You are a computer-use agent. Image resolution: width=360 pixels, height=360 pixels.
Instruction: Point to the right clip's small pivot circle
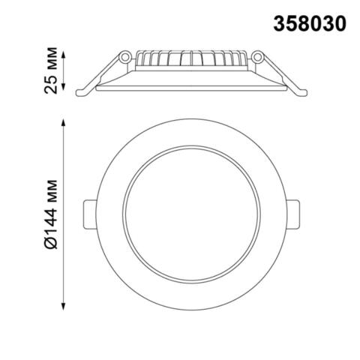coord(257,57)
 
